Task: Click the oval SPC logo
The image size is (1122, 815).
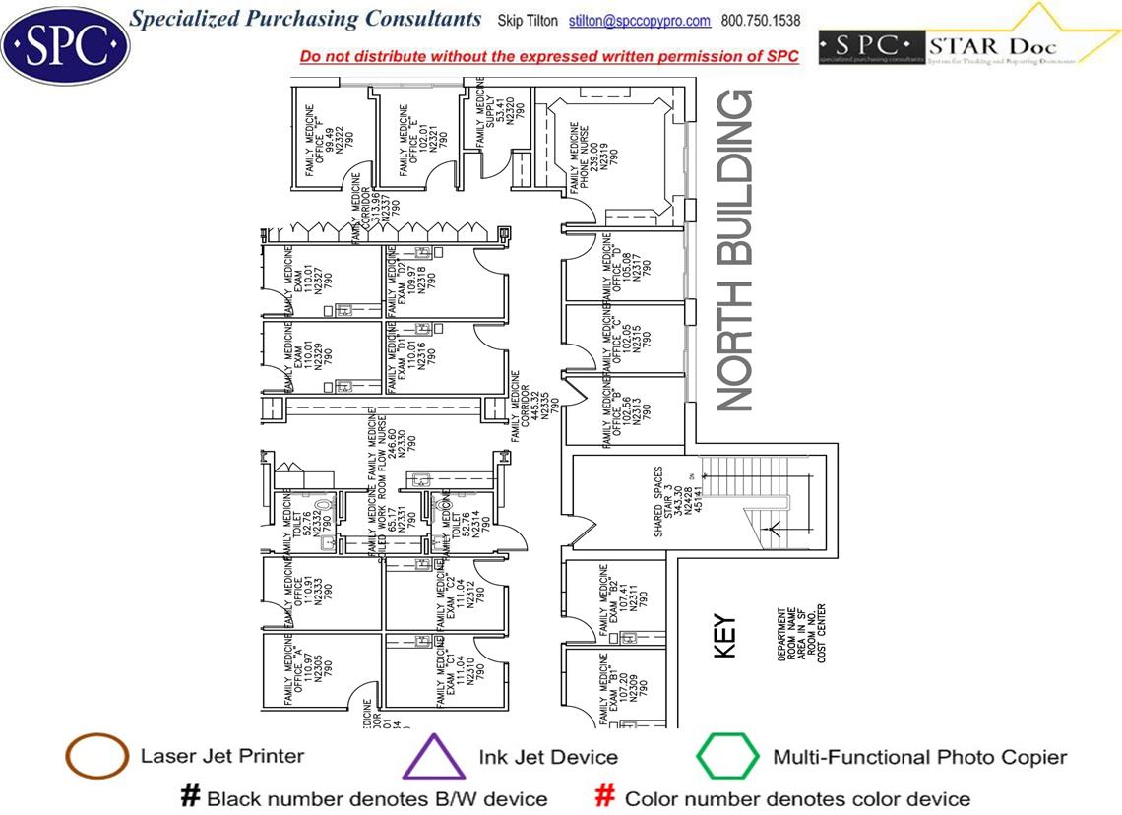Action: click(x=65, y=42)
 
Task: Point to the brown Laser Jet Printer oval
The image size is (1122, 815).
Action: click(x=96, y=757)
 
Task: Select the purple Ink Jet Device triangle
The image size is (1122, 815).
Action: click(x=434, y=758)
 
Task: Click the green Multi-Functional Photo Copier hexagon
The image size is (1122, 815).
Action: click(x=727, y=757)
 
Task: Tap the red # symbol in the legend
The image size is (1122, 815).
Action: click(x=606, y=796)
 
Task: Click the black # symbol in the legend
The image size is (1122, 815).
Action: click(x=189, y=796)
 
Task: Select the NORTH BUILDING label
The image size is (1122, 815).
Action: click(x=735, y=251)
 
